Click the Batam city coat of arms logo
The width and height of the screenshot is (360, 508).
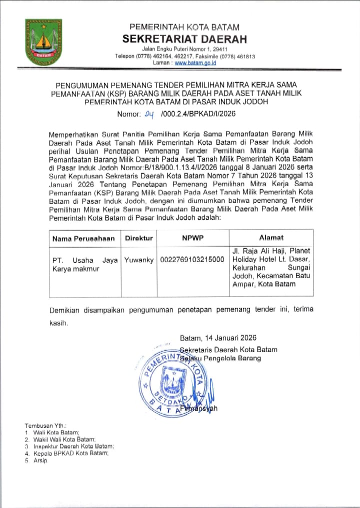44,42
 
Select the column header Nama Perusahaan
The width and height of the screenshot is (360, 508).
83,238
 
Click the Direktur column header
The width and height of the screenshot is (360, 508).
139,238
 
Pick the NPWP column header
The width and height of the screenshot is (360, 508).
192,238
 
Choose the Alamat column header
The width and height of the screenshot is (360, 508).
271,238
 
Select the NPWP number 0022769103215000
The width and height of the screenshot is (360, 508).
192,260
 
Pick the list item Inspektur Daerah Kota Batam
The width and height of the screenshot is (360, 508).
73,445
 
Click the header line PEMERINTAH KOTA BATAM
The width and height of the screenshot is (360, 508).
184,27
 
